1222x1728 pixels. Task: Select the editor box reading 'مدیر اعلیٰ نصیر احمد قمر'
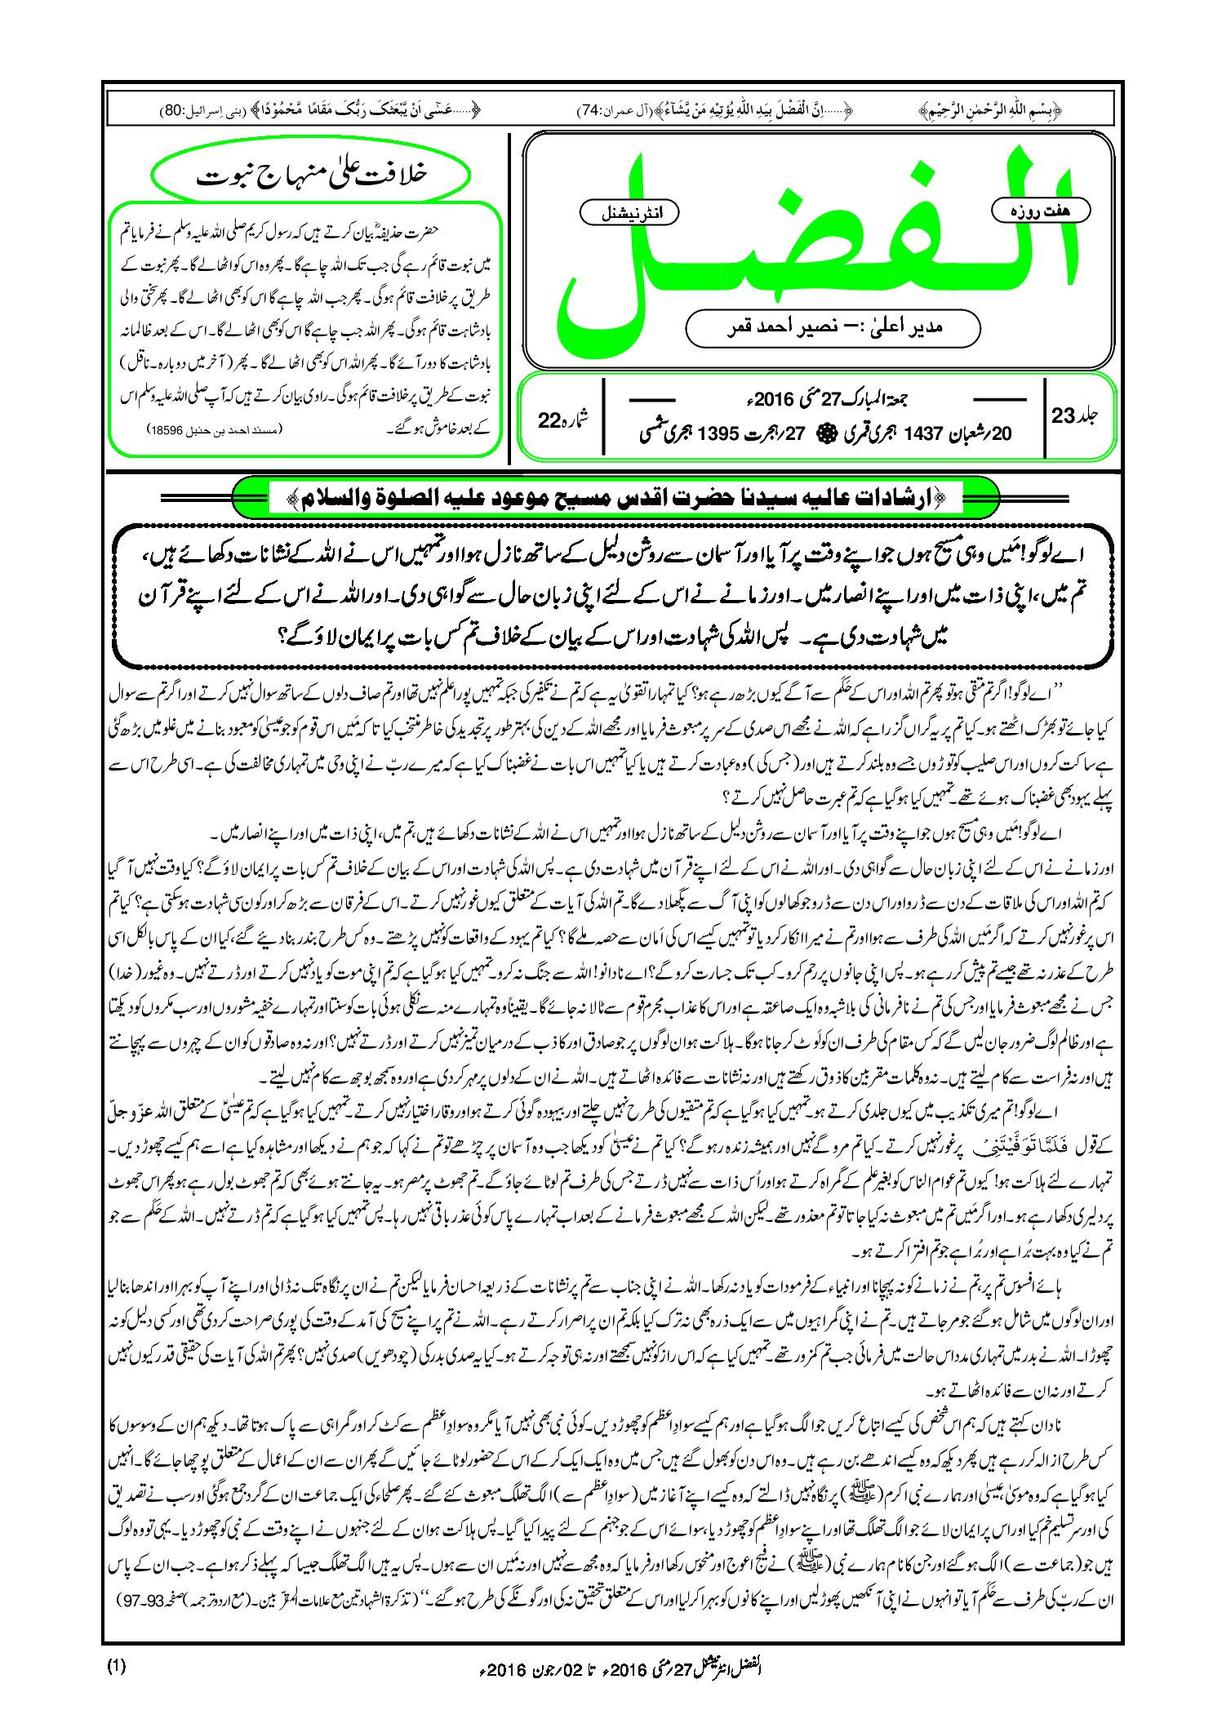(833, 327)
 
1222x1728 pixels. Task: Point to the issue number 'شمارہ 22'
(563, 420)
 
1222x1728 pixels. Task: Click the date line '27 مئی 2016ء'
(824, 400)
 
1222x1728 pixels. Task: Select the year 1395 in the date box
(718, 434)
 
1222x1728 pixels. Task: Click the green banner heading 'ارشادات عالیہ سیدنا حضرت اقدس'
(614, 497)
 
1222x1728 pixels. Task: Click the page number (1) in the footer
(116, 1666)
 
